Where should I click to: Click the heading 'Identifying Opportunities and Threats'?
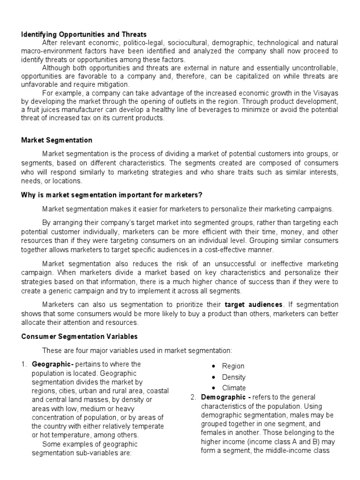tap(84, 34)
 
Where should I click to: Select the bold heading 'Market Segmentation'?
tap(57, 140)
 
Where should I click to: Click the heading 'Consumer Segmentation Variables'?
tap(79, 337)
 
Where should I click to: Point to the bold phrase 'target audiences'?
tap(254, 304)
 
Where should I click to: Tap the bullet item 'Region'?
tap(233, 366)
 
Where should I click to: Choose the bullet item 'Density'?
tap(233, 377)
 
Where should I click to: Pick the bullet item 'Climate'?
tap(233, 388)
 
